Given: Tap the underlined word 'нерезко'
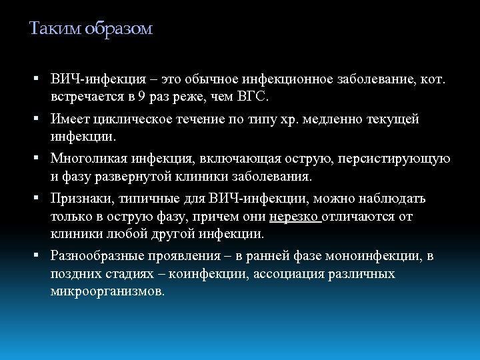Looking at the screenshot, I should click(294, 217).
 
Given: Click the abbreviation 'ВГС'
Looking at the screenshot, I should click(253, 97).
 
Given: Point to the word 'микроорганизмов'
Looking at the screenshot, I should click(107, 292).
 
